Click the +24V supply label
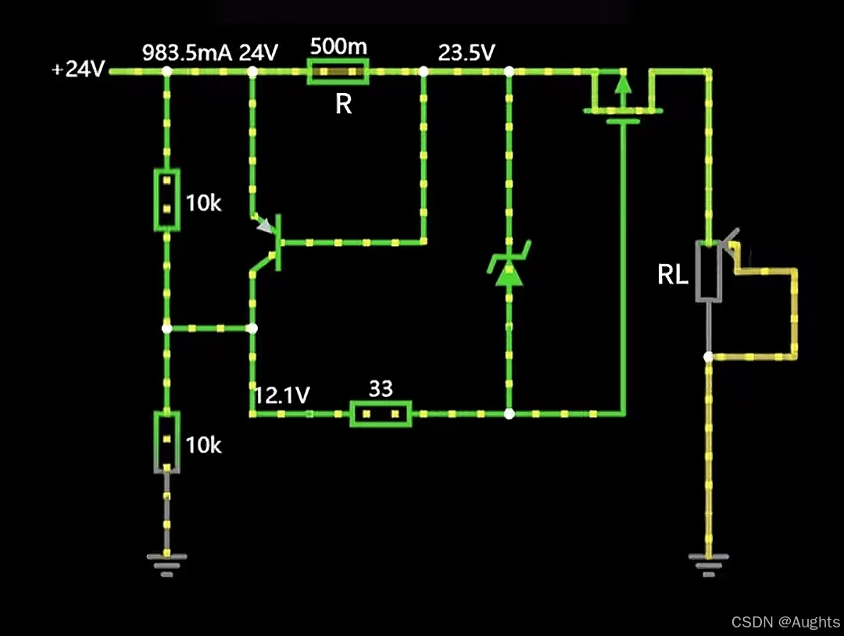click(78, 70)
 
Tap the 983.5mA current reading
click(188, 52)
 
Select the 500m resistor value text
click(338, 46)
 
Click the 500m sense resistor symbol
click(338, 73)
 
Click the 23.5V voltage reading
click(466, 52)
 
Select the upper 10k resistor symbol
click(166, 200)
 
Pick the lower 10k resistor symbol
click(166, 441)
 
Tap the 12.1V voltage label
click(281, 395)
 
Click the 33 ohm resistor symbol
click(381, 413)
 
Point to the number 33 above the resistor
click(381, 389)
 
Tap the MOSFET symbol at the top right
click(623, 98)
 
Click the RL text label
click(673, 274)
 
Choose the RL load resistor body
click(709, 271)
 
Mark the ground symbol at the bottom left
click(166, 563)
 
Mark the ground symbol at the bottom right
click(709, 563)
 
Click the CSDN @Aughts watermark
click(785, 622)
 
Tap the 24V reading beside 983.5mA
click(258, 52)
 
